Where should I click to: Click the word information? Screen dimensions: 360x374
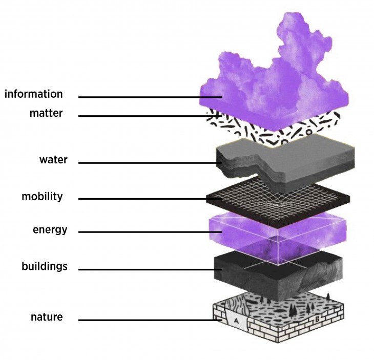[33, 94]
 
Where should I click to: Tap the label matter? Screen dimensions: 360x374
[46, 113]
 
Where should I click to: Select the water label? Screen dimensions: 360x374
[53, 160]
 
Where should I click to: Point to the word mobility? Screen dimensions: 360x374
[42, 197]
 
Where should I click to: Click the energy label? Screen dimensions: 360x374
[50, 229]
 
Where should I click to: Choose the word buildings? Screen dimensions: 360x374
[45, 266]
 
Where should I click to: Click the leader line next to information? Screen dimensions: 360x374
[149, 97]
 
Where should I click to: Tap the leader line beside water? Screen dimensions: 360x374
[149, 163]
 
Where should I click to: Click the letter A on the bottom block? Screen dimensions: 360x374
[236, 320]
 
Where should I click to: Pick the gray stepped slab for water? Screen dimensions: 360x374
[287, 159]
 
